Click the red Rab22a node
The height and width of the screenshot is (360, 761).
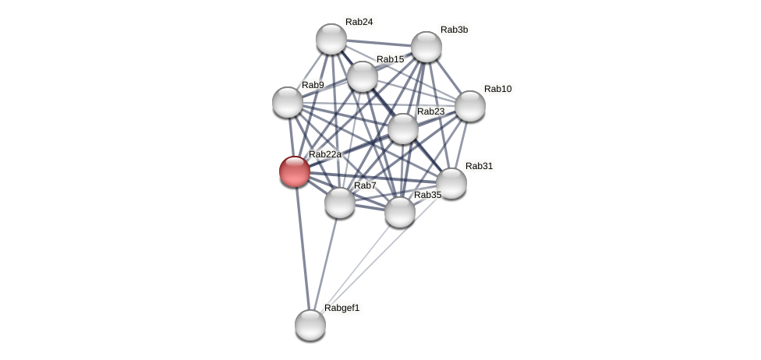[295, 171]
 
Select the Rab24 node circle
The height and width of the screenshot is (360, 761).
[331, 39]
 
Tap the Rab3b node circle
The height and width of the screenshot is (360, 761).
[427, 47]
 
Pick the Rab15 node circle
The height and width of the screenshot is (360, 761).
[363, 76]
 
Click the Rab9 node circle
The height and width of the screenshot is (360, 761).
[288, 102]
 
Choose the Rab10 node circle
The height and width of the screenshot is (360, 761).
[470, 106]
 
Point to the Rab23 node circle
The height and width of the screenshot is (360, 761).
[403, 129]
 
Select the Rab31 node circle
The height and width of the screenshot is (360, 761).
[451, 183]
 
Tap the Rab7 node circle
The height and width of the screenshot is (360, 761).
[340, 203]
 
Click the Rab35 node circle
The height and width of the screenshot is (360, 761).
[400, 212]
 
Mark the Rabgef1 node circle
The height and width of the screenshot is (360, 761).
[310, 325]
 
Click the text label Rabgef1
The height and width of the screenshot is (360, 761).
[342, 308]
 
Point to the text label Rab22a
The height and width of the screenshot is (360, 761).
[325, 154]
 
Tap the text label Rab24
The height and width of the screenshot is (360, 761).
[359, 22]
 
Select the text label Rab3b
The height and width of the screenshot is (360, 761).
[455, 30]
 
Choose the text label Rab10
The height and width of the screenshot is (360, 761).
[498, 89]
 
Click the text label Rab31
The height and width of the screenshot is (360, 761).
[480, 166]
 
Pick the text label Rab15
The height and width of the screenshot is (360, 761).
[391, 59]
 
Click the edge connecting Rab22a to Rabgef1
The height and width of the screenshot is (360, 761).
[303, 248]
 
